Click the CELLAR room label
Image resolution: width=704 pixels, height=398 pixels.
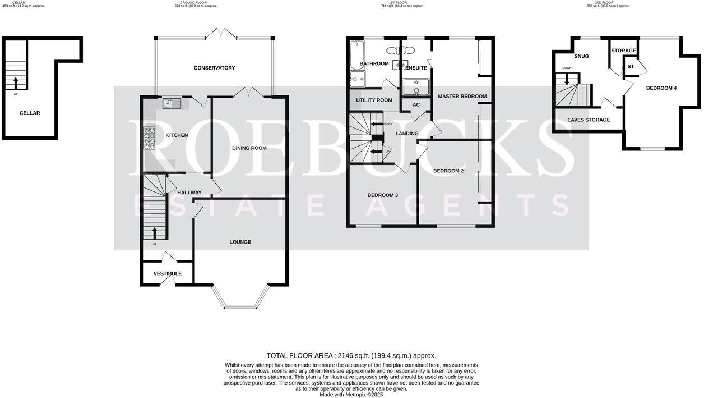30,113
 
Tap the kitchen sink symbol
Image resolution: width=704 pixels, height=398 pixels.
172,103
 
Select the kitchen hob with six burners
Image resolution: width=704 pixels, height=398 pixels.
150,138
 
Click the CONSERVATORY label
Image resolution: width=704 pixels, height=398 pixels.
214,68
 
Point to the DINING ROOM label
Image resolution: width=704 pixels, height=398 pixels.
249,148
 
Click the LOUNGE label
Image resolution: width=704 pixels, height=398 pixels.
240,242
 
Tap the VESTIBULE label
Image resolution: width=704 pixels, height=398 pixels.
168,273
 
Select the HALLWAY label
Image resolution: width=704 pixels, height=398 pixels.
189,193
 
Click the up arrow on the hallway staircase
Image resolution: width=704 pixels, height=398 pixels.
155,232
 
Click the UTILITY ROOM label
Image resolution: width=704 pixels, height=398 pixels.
374,100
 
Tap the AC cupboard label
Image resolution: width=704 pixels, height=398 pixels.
416,105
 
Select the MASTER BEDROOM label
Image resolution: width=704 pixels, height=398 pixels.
462,97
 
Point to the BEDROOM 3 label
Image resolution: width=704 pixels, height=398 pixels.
382,195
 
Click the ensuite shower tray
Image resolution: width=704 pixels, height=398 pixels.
416,88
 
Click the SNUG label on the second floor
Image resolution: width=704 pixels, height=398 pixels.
581,56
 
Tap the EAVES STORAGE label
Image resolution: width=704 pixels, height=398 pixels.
589,120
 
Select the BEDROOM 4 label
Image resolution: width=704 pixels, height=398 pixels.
661,88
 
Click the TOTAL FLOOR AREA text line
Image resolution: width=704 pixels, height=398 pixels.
351,355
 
